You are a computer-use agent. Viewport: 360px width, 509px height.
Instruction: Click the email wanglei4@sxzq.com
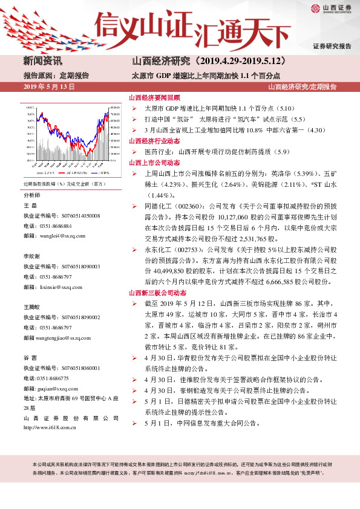pyautogui.click(x=58, y=235)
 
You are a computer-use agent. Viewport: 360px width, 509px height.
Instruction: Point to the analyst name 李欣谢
pyautogui.click(x=32, y=256)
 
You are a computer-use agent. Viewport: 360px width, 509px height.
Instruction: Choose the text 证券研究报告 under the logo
pyautogui.click(x=332, y=47)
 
